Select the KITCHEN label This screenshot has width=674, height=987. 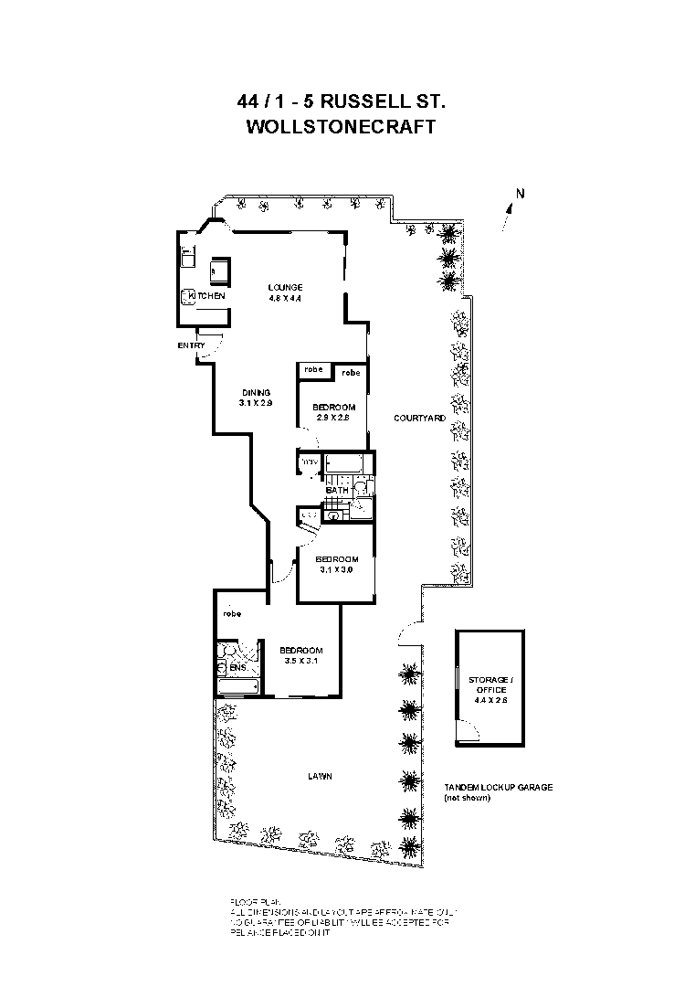(209, 296)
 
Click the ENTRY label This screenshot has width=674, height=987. (191, 345)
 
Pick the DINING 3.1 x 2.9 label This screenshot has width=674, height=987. (257, 398)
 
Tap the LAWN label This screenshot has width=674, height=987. (319, 777)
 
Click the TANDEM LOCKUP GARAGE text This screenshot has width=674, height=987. (498, 787)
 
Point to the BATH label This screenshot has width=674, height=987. (337, 492)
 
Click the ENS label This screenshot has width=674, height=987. (237, 669)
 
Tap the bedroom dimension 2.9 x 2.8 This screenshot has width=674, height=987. (333, 417)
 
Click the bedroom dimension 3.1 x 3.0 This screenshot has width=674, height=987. (336, 569)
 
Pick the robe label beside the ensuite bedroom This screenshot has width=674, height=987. (230, 614)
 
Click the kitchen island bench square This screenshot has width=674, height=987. (219, 271)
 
